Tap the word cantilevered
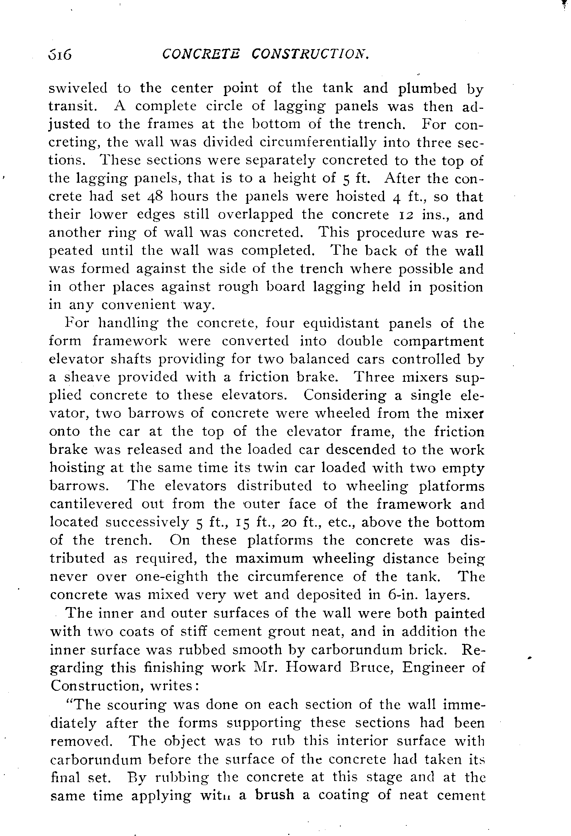tap(91, 504)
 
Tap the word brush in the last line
tap(274, 795)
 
